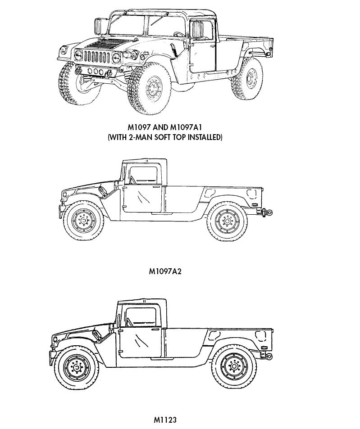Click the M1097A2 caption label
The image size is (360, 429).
click(x=165, y=271)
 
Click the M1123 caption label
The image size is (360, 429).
click(x=165, y=419)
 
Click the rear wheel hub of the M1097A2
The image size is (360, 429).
click(x=227, y=221)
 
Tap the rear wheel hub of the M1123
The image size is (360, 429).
click(x=234, y=366)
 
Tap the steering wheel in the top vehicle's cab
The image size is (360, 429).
click(x=178, y=34)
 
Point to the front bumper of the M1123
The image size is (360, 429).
click(x=52, y=357)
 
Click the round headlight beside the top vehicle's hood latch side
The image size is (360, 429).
click(x=116, y=58)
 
